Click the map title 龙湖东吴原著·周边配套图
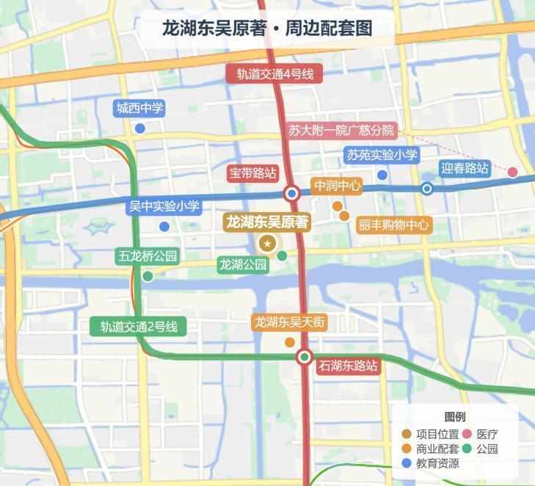tap(267, 29)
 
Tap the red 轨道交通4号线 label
tap(275, 74)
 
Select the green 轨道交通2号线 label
tap(139, 327)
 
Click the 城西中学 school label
tap(139, 109)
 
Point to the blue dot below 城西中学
tap(139, 128)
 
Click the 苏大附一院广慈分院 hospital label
tap(341, 131)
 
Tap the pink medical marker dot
tap(512, 172)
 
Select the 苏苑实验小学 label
tap(382, 155)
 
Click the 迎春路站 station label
tap(465, 167)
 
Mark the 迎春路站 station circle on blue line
tap(427, 189)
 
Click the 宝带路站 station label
tap(252, 173)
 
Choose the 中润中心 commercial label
tap(337, 186)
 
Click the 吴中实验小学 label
tap(164, 206)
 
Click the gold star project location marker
tap(268, 244)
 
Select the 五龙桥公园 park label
tap(148, 257)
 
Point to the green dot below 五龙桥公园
tap(148, 276)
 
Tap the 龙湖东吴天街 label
tap(290, 322)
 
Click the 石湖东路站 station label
tap(348, 365)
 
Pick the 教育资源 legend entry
tap(437, 463)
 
